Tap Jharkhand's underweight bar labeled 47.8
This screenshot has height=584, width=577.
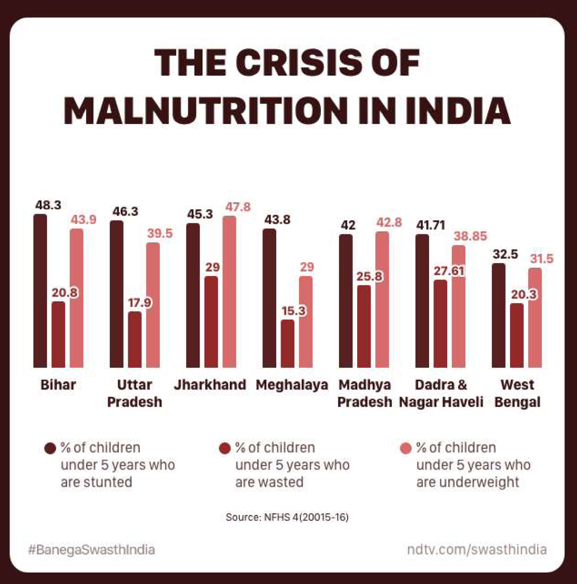pyautogui.click(x=229, y=292)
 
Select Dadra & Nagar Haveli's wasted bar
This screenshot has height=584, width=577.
pyautogui.click(x=441, y=324)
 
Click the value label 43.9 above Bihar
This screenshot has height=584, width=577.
pyautogui.click(x=84, y=220)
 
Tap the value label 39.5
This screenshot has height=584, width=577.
pyautogui.click(x=160, y=233)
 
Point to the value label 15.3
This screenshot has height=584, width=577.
pyautogui.click(x=294, y=311)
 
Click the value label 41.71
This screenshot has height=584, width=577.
pyautogui.click(x=430, y=225)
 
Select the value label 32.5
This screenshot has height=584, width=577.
pyautogui.click(x=505, y=254)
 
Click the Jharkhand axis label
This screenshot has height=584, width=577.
pyautogui.click(x=210, y=385)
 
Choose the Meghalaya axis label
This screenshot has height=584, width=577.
pyautogui.click(x=292, y=385)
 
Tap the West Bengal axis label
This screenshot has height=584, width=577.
pyautogui.click(x=517, y=393)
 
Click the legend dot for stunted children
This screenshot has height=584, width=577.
pyautogui.click(x=50, y=448)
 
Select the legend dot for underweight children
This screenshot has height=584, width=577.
pyautogui.click(x=406, y=448)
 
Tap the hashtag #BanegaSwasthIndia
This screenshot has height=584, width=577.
pyautogui.click(x=91, y=550)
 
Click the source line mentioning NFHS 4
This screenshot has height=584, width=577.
pyautogui.click(x=287, y=517)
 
